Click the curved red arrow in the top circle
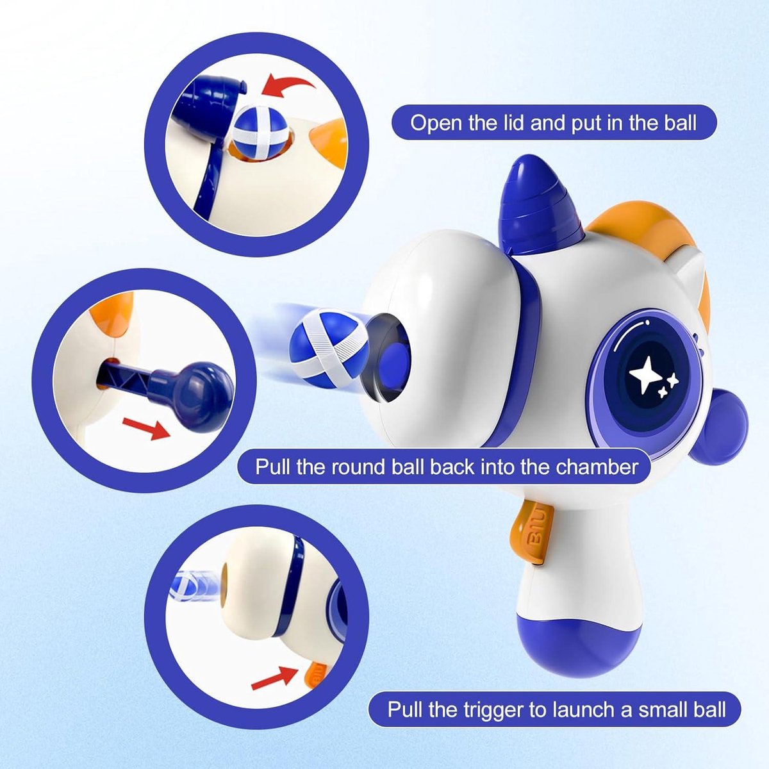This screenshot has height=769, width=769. point(288,87)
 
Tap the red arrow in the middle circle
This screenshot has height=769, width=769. point(147,428)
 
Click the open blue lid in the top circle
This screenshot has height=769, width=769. point(208,104)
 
